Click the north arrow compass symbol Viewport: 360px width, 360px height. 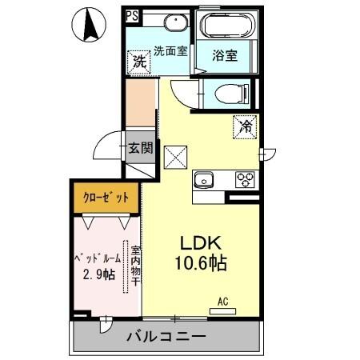pos(90,26)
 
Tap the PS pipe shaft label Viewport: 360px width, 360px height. pos(131,15)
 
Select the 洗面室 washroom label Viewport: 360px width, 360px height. pos(170,50)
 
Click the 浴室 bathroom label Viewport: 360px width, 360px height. pos(223,56)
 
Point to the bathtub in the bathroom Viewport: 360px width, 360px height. pos(227,26)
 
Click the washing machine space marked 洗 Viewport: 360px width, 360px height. pos(139,61)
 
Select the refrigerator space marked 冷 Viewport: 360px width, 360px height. pos(246,126)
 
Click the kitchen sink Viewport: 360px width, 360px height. pos(205,178)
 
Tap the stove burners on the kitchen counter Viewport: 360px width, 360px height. pos(243,179)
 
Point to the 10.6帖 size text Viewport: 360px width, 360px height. pos(205,263)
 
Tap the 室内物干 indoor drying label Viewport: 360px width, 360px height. pos(135,266)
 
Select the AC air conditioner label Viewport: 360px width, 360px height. pos(223,302)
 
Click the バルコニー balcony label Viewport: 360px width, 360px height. pos(166,337)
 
